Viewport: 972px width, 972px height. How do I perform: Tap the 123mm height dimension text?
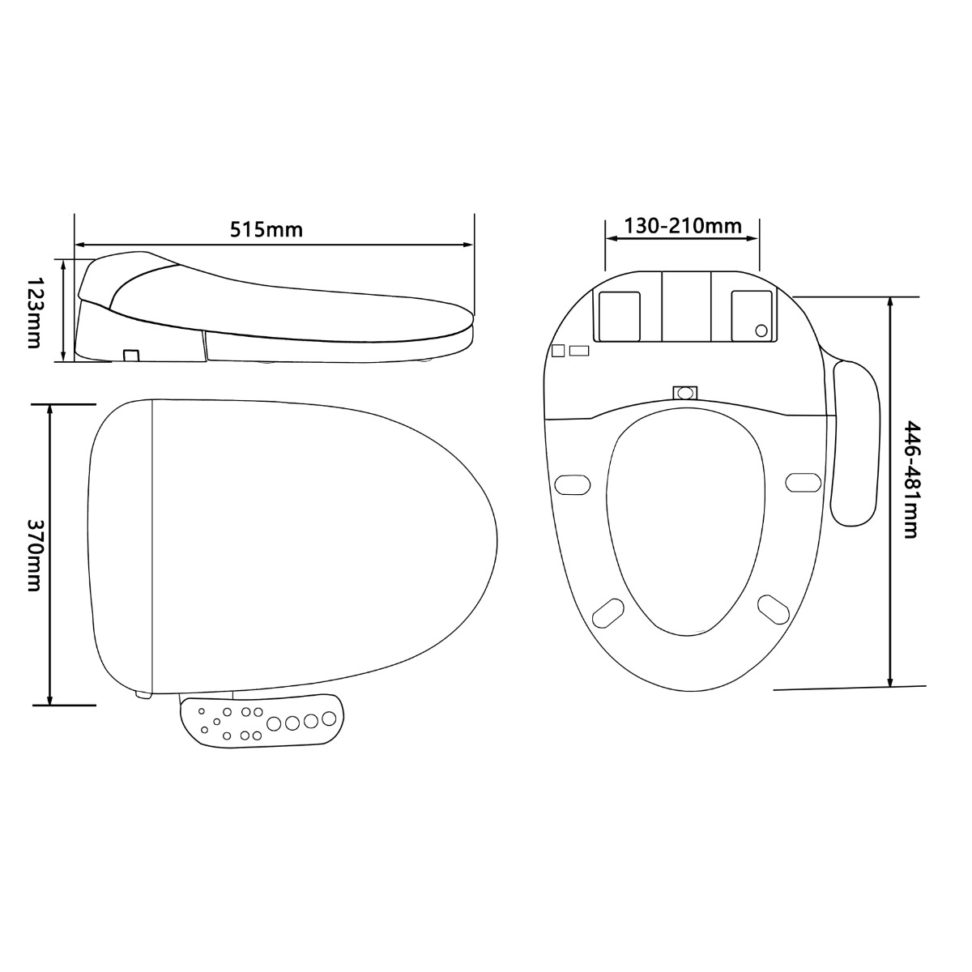coord(33,312)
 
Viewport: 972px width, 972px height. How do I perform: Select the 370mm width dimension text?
coord(33,555)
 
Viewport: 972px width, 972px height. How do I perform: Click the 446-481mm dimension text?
coord(912,480)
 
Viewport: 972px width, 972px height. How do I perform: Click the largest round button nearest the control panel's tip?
coord(329,718)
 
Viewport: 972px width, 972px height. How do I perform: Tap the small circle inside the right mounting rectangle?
coord(761,330)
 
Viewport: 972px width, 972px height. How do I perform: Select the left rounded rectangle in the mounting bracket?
coord(619,316)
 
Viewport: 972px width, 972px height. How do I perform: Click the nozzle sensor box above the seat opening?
coord(685,393)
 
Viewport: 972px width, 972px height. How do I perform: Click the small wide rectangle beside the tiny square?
coord(579,350)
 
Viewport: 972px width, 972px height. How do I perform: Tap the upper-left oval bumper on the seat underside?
coord(573,483)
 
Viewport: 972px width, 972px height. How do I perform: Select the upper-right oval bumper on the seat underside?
coord(803,481)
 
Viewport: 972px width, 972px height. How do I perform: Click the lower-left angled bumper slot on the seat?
coord(608,612)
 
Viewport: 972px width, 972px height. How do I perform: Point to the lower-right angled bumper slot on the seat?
coord(773,608)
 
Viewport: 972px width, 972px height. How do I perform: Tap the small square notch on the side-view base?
coord(130,355)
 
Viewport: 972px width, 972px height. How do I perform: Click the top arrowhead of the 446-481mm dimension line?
coord(891,302)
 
